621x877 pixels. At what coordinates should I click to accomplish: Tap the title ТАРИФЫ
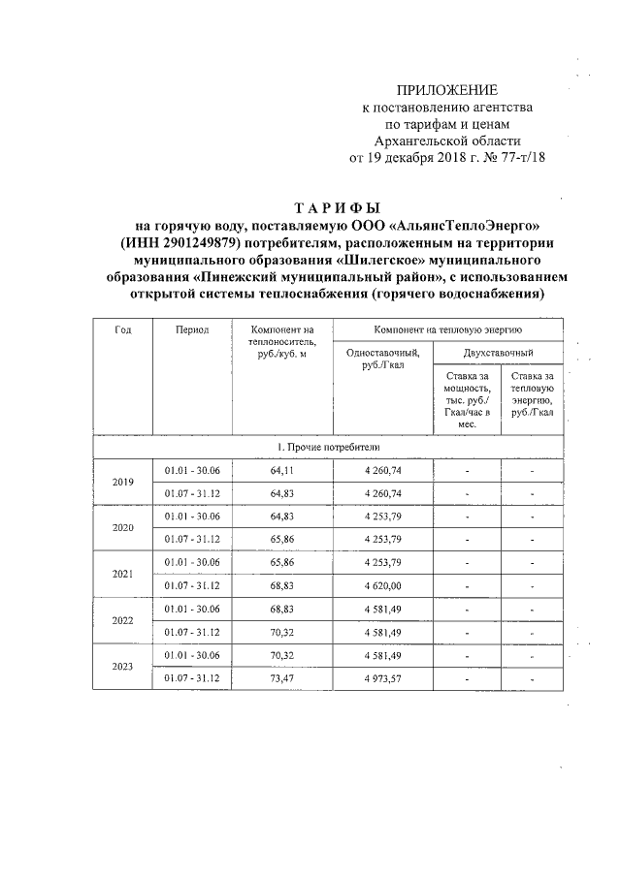(x=337, y=208)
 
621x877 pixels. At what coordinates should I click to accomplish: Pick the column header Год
(x=123, y=329)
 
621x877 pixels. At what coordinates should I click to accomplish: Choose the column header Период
(x=192, y=329)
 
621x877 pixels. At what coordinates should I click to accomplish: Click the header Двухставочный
(x=496, y=355)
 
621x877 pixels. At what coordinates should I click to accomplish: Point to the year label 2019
(x=123, y=482)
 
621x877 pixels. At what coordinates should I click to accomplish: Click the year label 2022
(x=123, y=620)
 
